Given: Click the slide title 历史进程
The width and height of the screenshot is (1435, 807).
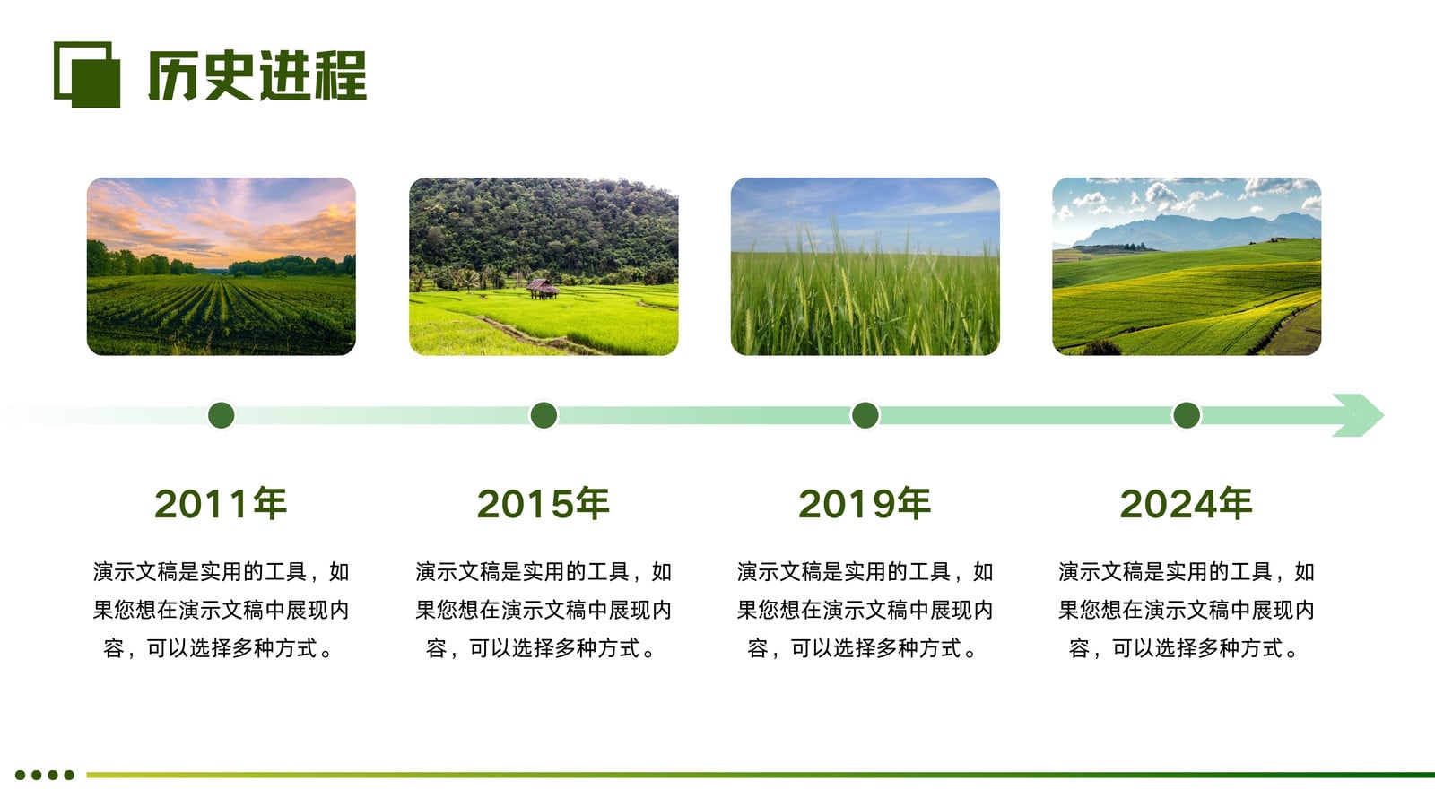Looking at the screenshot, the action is [x=257, y=75].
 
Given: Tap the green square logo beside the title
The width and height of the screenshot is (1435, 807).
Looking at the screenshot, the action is [x=87, y=75].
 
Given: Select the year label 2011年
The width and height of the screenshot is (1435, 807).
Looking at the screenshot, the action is [x=221, y=503].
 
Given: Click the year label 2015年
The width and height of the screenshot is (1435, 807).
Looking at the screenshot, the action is [x=544, y=503].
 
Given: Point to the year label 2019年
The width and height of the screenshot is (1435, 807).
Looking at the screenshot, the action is [x=865, y=503].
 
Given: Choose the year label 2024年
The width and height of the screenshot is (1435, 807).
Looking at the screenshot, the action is [x=1187, y=503].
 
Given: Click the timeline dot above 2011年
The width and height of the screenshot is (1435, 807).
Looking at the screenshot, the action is [x=222, y=415].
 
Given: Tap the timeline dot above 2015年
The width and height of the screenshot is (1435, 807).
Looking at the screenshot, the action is [x=544, y=415].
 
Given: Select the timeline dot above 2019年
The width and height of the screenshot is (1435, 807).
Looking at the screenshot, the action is [x=865, y=415].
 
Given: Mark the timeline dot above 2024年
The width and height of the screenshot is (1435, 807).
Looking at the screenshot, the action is [x=1187, y=415].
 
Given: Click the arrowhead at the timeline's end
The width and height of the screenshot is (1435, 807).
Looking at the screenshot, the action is [x=1358, y=415].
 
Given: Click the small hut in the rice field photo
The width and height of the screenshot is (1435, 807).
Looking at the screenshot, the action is [x=543, y=289].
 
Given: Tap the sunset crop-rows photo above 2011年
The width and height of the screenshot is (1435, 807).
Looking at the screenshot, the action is [x=221, y=266].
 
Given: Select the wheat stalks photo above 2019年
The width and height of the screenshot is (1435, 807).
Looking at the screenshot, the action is [x=865, y=266].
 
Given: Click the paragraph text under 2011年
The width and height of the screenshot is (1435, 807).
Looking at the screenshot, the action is [x=221, y=610].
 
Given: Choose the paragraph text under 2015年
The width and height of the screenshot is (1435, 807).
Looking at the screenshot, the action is [x=544, y=610].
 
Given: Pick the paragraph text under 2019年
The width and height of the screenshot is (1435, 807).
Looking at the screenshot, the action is [x=865, y=610].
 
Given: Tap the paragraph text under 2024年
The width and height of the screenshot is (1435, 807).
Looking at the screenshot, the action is [x=1187, y=610].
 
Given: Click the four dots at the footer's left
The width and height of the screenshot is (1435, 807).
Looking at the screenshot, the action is [x=45, y=775].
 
